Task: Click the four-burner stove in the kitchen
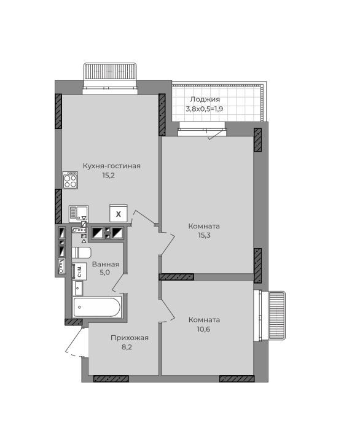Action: point(71,180)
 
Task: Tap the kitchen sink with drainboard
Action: point(79,214)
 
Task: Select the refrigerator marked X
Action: point(119,214)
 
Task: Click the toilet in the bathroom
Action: point(82,253)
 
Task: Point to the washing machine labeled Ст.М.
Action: point(79,271)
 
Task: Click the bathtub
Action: point(97,307)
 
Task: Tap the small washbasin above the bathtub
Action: point(78,288)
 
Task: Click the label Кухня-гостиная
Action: point(111,166)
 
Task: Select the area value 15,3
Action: point(205,235)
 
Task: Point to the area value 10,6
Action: point(204,329)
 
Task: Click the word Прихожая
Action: point(130,338)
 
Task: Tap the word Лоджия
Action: point(205,99)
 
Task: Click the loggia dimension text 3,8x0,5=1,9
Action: point(205,109)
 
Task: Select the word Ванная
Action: point(106,264)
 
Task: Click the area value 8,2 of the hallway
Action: point(127,347)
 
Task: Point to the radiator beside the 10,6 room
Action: point(276,316)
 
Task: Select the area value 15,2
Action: point(109,176)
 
